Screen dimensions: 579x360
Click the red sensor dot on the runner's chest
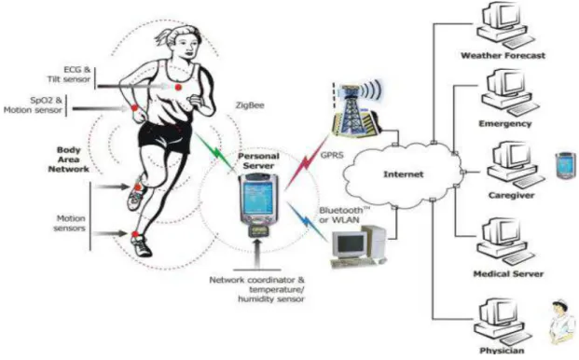tap(178, 87)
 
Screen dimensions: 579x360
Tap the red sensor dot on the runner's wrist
tap(134, 107)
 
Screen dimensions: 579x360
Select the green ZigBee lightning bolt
tap(215, 152)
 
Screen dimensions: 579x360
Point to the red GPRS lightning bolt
tap(306, 161)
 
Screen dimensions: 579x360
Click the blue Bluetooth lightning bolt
tap(308, 222)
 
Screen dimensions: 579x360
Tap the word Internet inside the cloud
tap(403, 174)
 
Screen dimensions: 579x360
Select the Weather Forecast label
tap(503, 56)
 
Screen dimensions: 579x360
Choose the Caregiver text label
tap(511, 195)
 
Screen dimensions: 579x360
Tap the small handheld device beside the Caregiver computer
tap(566, 165)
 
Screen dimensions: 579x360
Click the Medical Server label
tap(508, 274)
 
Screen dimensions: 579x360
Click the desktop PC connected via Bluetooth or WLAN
tap(358, 246)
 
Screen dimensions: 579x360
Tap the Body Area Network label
tap(69, 159)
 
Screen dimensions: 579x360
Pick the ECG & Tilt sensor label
tap(69, 75)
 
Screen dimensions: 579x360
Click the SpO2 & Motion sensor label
tap(33, 105)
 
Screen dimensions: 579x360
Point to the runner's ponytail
tap(163, 36)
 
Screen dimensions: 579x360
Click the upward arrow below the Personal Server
tap(258, 254)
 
